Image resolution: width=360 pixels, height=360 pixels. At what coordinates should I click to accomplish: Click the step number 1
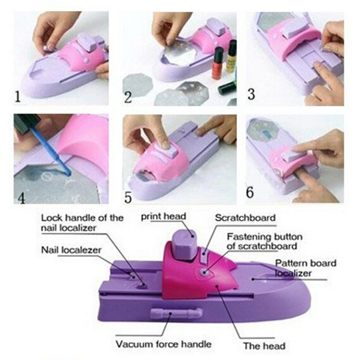coord(18,97)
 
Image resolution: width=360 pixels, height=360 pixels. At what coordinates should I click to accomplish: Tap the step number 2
coord(128,97)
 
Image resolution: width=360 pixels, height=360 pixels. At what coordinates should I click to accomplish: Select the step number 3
coord(251,94)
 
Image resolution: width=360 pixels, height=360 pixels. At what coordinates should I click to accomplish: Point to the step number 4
coord(21,198)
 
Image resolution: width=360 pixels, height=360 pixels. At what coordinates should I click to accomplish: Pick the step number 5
coord(128,198)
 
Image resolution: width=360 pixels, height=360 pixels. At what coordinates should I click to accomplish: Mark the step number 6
coord(250,193)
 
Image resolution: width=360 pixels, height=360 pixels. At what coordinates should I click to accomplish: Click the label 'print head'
coord(163,216)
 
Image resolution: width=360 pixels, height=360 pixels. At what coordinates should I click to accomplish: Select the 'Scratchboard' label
coord(245,218)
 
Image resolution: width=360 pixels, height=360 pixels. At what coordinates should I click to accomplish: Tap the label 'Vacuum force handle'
coord(163,344)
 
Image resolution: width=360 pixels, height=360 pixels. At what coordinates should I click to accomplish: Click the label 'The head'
coord(264,346)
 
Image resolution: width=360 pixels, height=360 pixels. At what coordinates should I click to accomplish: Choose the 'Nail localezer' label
coord(71,250)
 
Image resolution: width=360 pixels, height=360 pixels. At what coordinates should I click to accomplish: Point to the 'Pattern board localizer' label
coord(306,268)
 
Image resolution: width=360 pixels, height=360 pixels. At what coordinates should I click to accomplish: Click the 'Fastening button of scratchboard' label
coord(265,241)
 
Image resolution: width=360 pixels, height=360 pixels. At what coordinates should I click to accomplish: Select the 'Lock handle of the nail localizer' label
coord(82,223)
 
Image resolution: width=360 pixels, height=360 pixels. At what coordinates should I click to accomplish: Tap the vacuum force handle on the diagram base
coord(176,313)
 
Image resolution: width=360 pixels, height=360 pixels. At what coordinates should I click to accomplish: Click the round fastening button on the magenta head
coord(203,273)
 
